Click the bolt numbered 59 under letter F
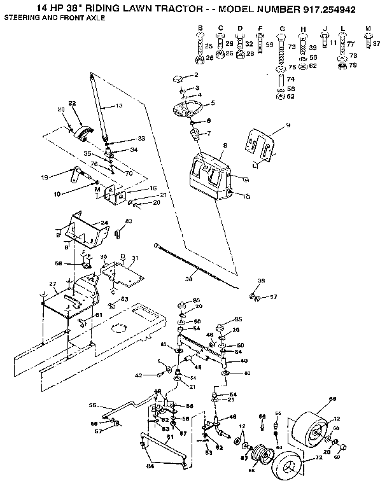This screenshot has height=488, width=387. (260, 45)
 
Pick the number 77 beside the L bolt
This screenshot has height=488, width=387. (351, 45)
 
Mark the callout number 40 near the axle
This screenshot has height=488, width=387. (243, 360)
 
